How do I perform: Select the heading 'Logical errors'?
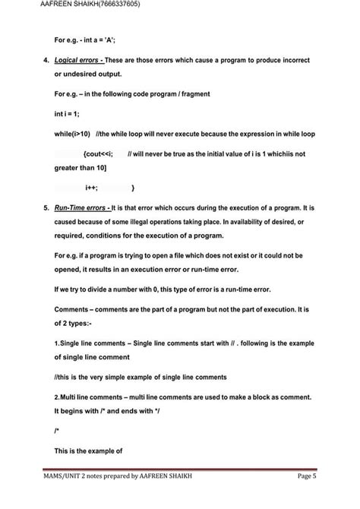coord(79,59)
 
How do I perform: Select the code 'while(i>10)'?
coord(73,134)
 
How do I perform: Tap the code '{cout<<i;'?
coord(98,153)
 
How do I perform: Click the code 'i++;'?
coord(81,187)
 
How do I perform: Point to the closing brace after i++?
coord(133,187)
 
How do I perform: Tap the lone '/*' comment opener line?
coord(58,430)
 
